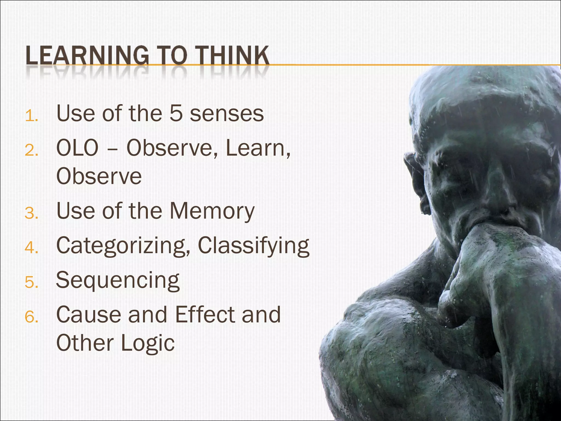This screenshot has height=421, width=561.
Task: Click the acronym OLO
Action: coord(77,148)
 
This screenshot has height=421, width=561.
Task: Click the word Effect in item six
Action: coord(204,314)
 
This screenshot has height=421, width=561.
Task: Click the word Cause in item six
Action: coord(88,314)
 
